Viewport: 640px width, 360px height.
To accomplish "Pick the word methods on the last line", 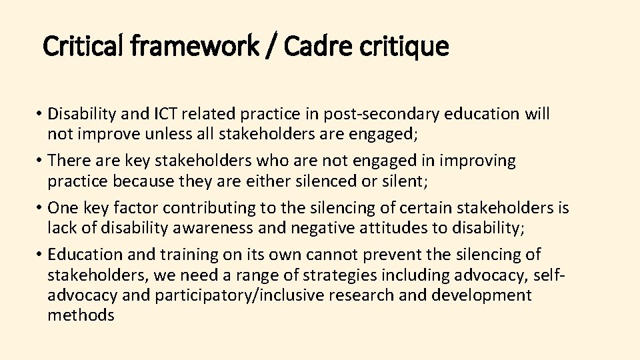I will coord(81,315).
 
